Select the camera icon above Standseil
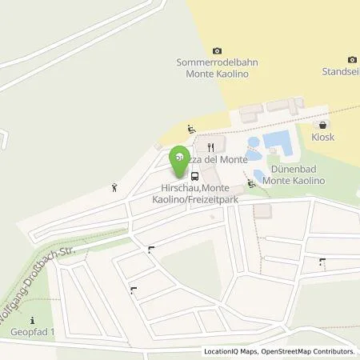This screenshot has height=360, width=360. click(352, 59)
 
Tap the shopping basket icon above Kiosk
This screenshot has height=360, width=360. click(322, 126)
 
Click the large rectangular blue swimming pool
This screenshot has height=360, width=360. click(278, 143)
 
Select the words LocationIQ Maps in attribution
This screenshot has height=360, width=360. click(228, 351)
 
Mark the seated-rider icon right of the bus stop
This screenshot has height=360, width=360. click(251, 184)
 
